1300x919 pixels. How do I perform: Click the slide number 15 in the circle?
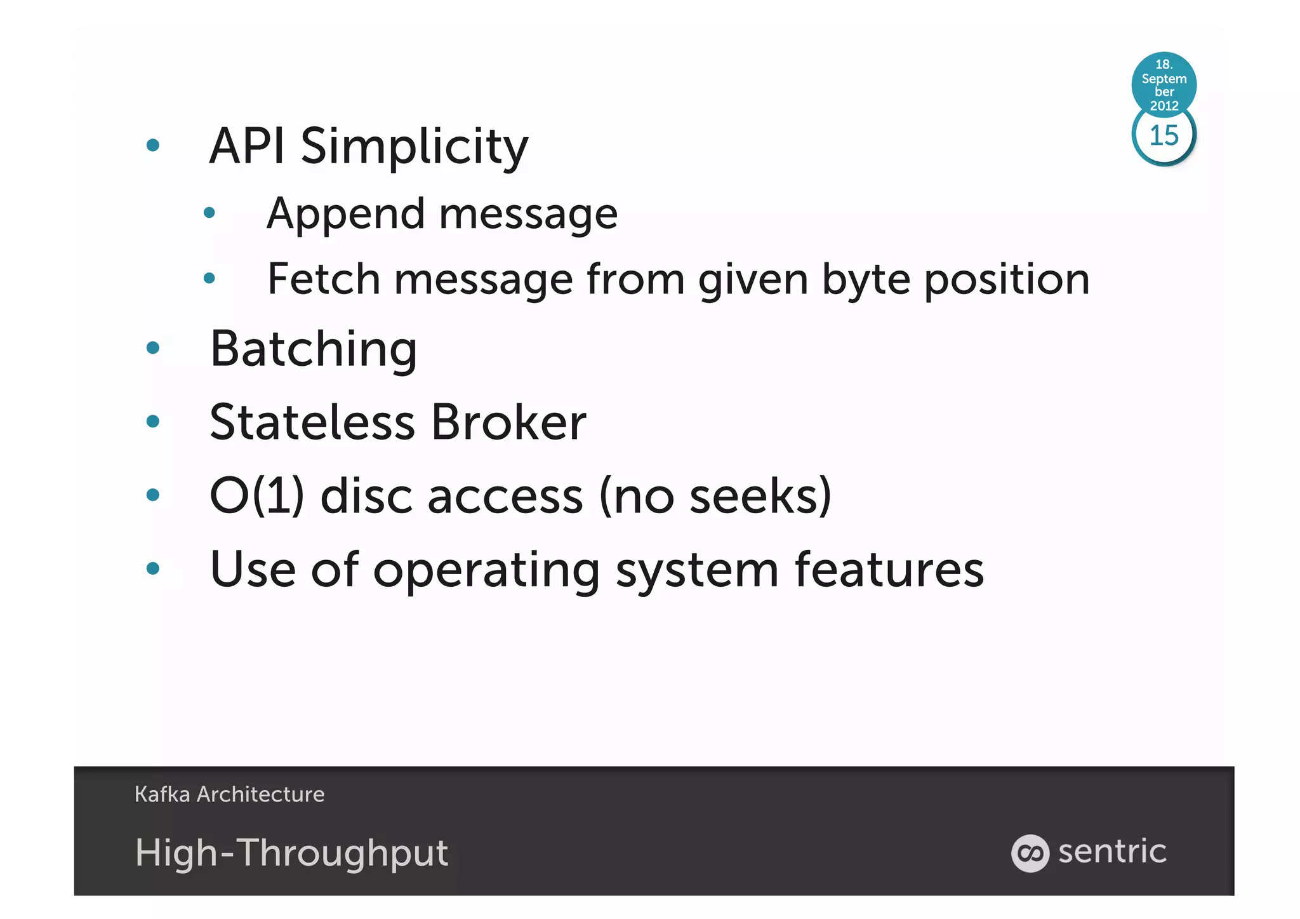(x=1164, y=135)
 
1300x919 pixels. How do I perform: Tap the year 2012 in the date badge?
(x=1164, y=105)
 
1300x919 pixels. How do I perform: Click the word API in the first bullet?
(x=246, y=146)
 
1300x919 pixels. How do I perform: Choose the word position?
(x=1007, y=280)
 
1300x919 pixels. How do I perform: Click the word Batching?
(x=314, y=349)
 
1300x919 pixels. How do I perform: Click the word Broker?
(x=508, y=422)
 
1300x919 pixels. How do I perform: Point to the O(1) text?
(x=256, y=495)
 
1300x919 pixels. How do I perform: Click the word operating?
(x=486, y=570)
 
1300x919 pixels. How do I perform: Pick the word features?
(x=889, y=569)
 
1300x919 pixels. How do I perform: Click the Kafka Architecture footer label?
(x=229, y=794)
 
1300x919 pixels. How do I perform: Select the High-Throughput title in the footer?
(x=291, y=852)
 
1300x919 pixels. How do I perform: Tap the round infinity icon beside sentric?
(x=1030, y=853)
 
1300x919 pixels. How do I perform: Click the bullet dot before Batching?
(x=152, y=347)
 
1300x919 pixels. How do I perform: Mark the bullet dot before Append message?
(x=209, y=213)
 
